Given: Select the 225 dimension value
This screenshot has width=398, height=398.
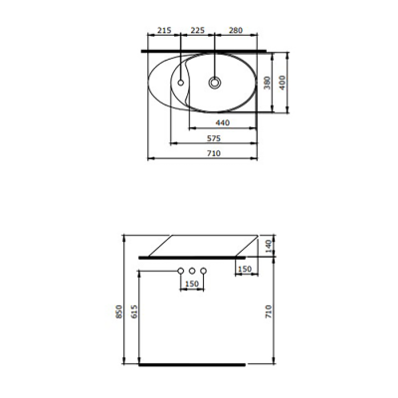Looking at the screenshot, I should pyautogui.click(x=198, y=30).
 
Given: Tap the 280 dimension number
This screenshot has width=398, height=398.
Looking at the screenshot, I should pyautogui.click(x=236, y=30).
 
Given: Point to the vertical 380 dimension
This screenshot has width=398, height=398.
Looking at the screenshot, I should pyautogui.click(x=266, y=82).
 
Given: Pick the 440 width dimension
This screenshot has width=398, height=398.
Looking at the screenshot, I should pyautogui.click(x=223, y=122).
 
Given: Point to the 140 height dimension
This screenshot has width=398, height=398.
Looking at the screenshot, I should pyautogui.click(x=268, y=244).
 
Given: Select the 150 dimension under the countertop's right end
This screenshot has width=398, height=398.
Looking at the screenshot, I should pyautogui.click(x=244, y=268).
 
